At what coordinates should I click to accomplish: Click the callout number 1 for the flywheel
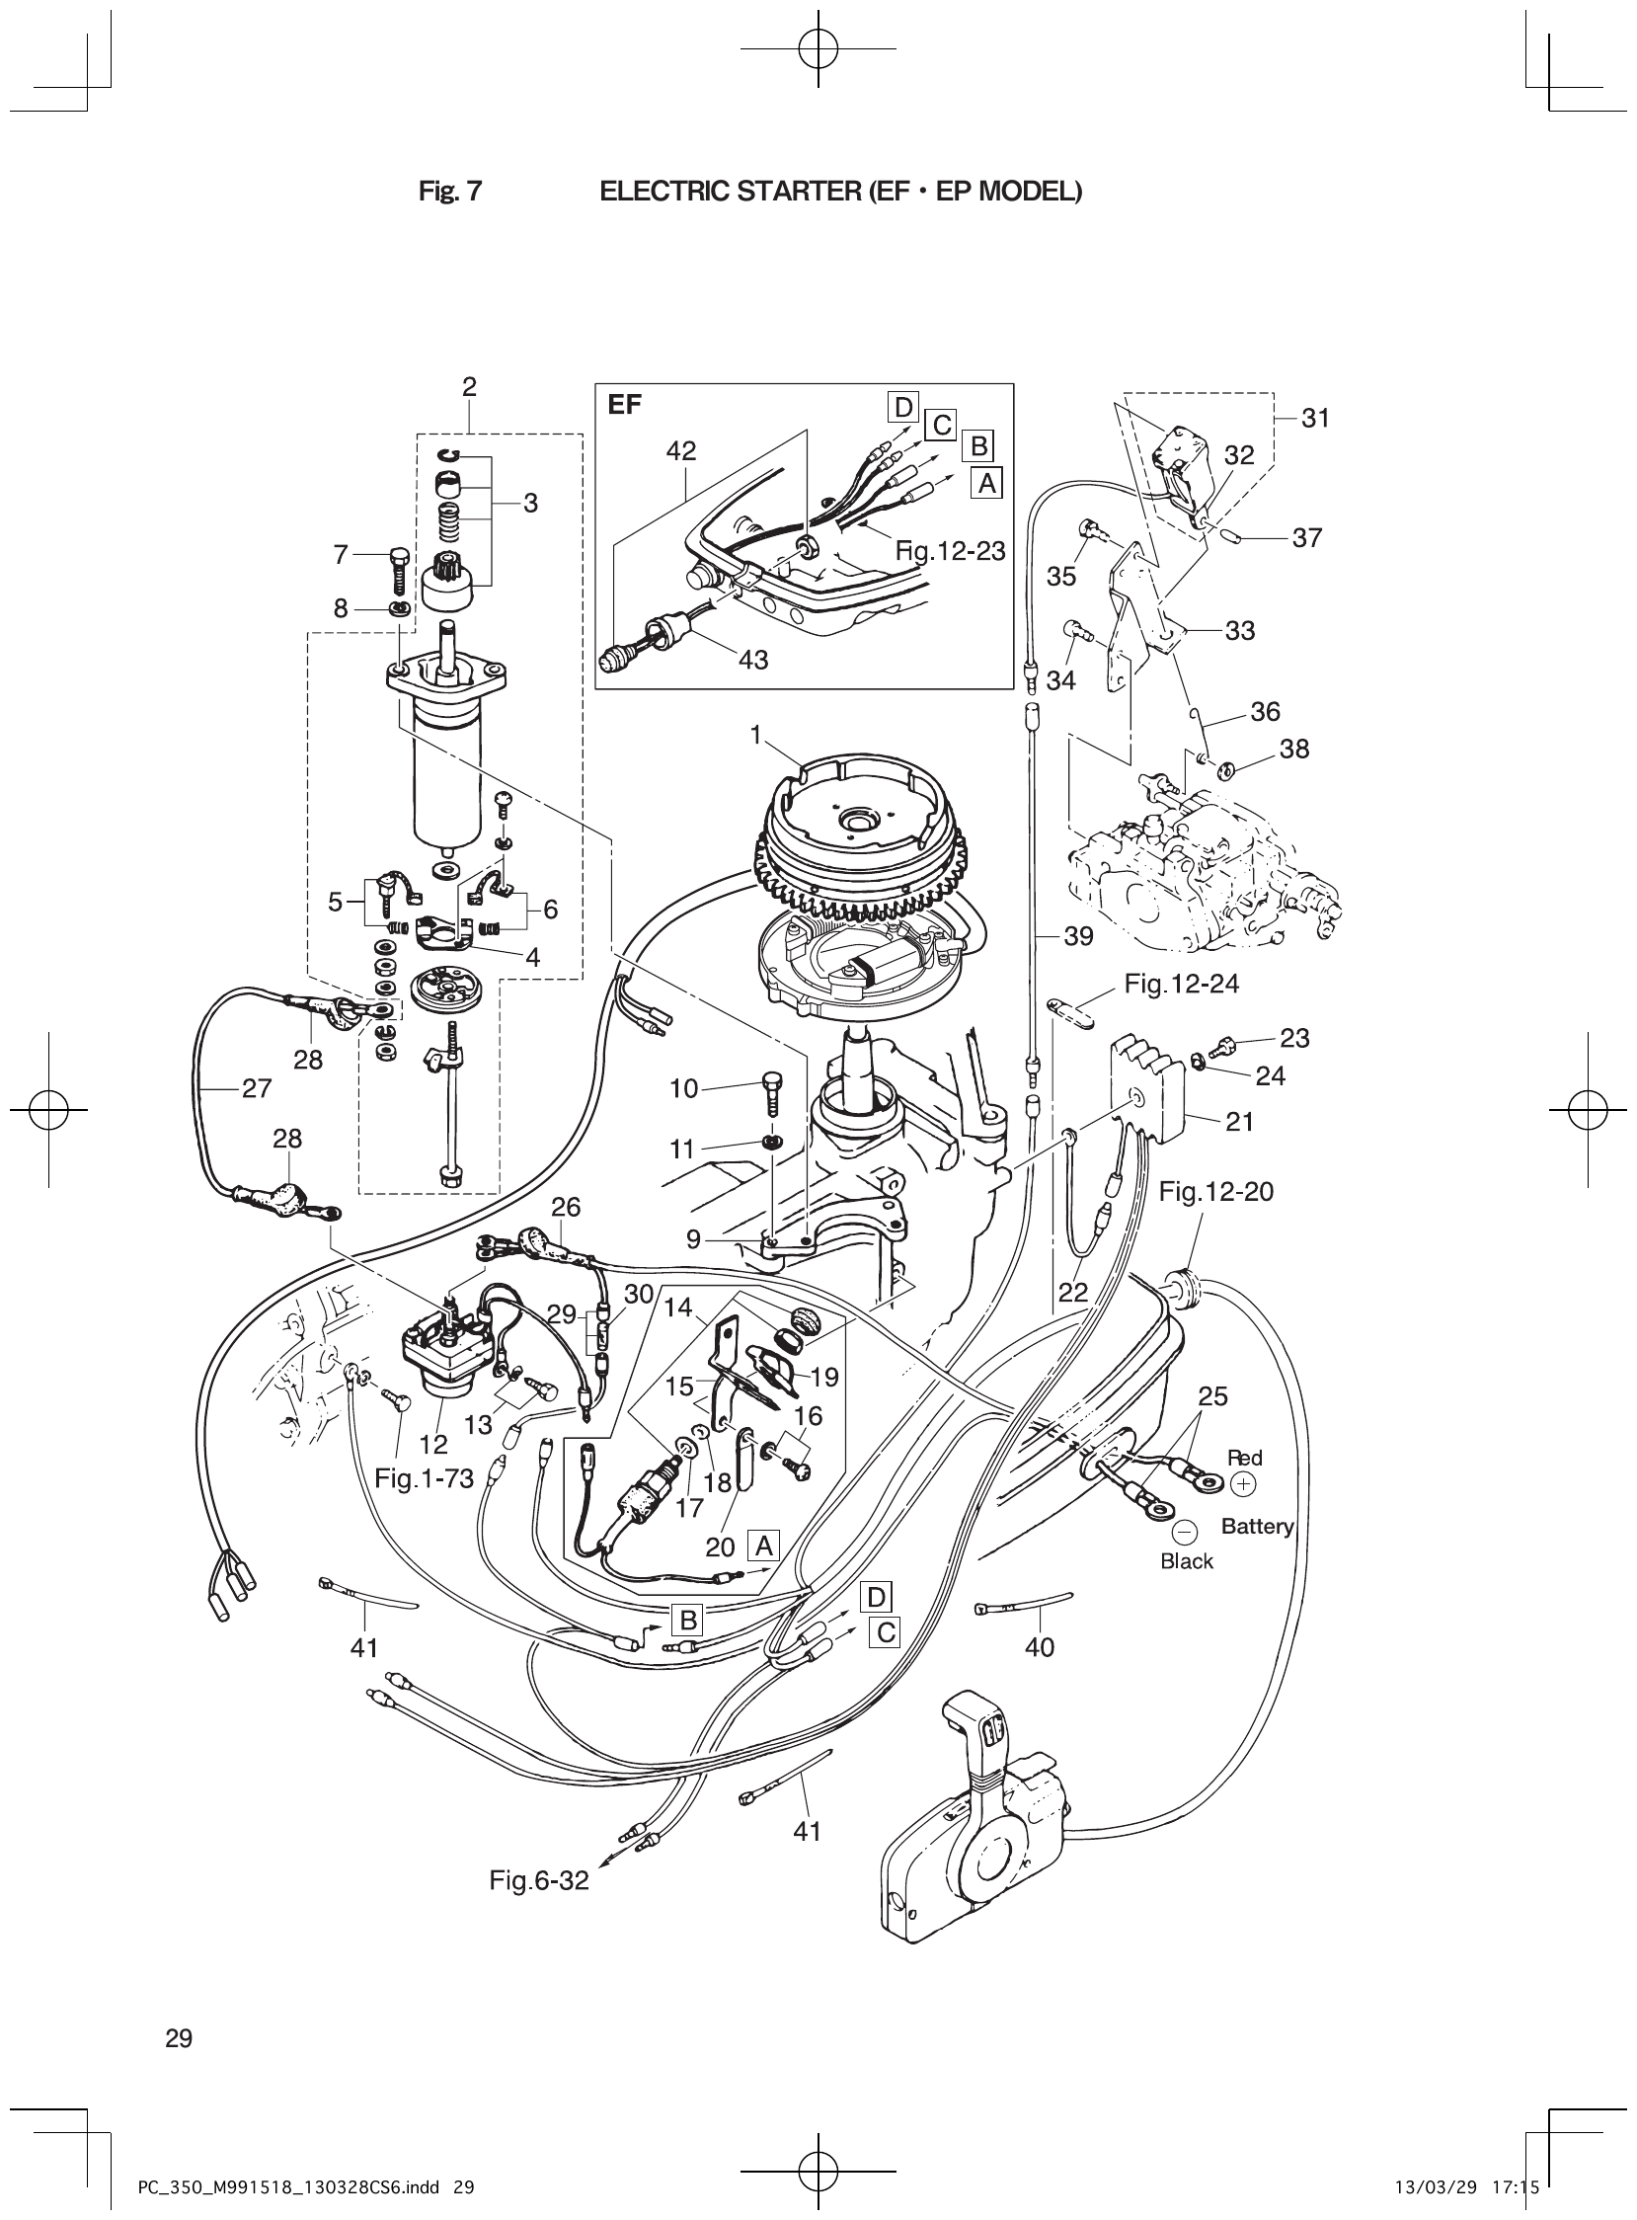pyautogui.click(x=756, y=736)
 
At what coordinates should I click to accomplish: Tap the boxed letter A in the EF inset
pyautogui.click(x=985, y=483)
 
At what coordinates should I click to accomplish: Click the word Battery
pyautogui.click(x=1257, y=1527)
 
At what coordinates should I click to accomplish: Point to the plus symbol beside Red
pyautogui.click(x=1243, y=1484)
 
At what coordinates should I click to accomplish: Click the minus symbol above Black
pyautogui.click(x=1184, y=1533)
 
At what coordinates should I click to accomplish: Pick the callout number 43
pyautogui.click(x=753, y=659)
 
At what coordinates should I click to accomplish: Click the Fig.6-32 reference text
pyautogui.click(x=539, y=1880)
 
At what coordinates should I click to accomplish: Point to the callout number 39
pyautogui.click(x=1078, y=935)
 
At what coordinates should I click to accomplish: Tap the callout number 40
pyautogui.click(x=1040, y=1647)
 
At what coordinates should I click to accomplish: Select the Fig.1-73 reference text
pyautogui.click(x=425, y=1477)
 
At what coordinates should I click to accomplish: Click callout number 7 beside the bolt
pyautogui.click(x=341, y=555)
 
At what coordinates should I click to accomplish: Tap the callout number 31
pyautogui.click(x=1315, y=419)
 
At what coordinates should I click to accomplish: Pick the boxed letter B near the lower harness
pyautogui.click(x=687, y=1621)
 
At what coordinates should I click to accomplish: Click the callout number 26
pyautogui.click(x=566, y=1207)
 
